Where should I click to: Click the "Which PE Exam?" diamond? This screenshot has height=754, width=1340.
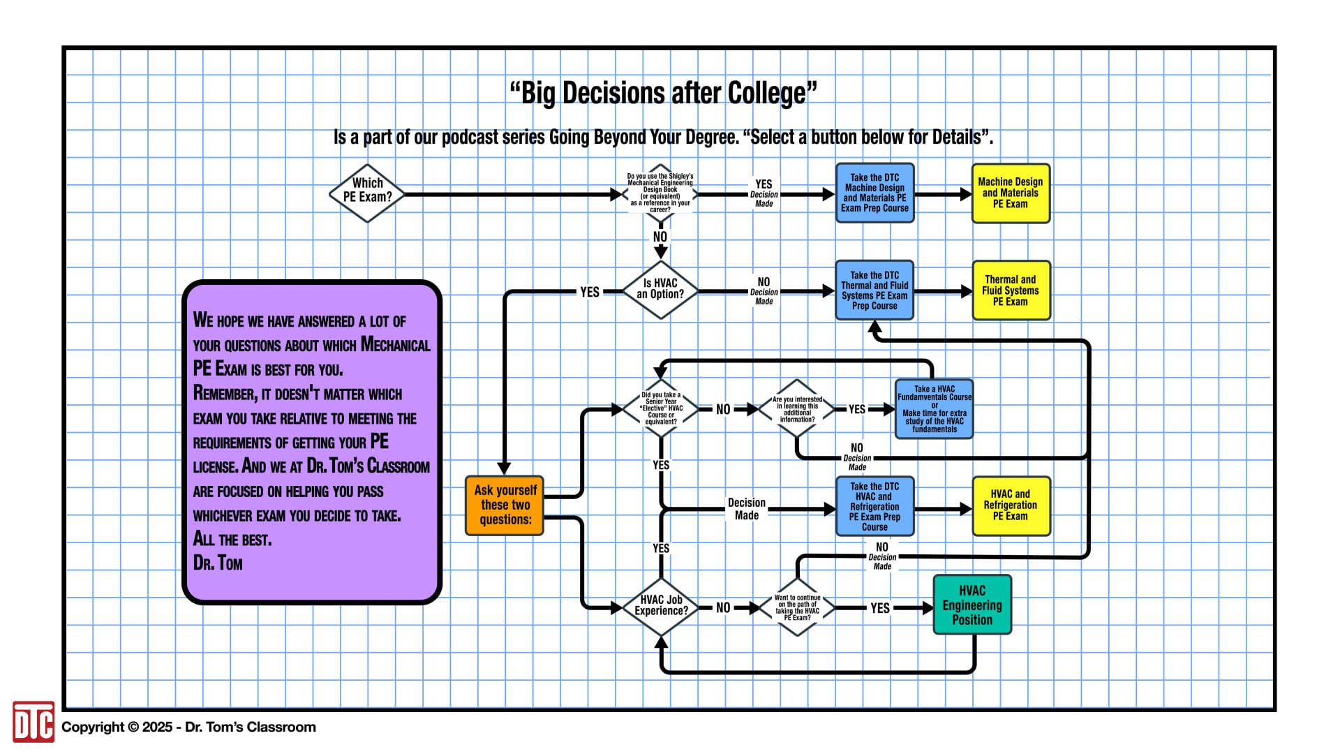coord(367,193)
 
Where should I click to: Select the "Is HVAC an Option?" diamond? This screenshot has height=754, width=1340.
coord(660,290)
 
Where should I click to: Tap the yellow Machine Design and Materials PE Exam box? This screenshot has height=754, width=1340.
coord(1011,193)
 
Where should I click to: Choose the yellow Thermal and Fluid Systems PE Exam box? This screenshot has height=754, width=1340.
coord(1011,290)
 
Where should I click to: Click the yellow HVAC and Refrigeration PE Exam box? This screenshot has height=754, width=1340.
coord(1011,505)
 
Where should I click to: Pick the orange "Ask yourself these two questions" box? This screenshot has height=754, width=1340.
coord(505,505)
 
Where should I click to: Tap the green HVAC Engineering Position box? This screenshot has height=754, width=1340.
coord(972,605)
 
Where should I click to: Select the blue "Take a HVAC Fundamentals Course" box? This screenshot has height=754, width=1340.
coord(934,409)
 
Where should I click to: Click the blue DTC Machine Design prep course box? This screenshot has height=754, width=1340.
coord(874,193)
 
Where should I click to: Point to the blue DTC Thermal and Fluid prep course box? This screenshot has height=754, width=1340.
coord(874,290)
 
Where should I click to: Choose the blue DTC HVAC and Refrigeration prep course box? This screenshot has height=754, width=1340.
coord(874,505)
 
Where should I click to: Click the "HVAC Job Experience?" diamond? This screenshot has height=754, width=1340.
coord(661,606)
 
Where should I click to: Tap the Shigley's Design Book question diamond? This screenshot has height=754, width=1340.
coord(660,194)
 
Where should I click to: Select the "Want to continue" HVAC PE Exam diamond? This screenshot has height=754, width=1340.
coord(797,607)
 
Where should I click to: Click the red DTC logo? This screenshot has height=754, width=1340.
coord(33,722)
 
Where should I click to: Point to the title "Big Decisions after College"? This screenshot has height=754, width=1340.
coord(663,93)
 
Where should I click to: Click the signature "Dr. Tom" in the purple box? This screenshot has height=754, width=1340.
coord(218,563)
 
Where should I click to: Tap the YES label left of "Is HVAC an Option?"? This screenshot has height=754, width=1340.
coord(590,292)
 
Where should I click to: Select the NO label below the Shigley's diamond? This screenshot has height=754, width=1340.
coord(660,237)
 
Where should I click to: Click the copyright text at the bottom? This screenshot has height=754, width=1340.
coord(188,727)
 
